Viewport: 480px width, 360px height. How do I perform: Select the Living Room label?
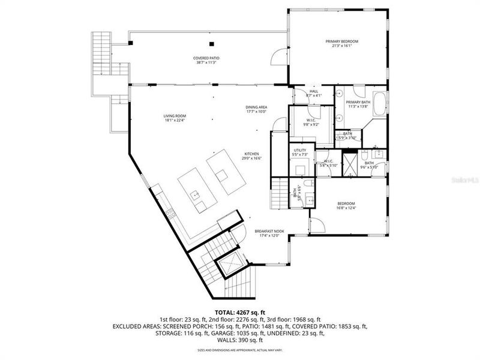(x=175, y=116)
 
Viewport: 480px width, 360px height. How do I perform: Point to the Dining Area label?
(x=256, y=107)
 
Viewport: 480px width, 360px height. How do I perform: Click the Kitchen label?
(x=251, y=154)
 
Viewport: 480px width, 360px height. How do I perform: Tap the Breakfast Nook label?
(x=269, y=231)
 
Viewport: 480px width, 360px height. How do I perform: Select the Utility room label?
(x=300, y=150)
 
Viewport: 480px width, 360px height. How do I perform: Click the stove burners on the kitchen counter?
(x=170, y=211)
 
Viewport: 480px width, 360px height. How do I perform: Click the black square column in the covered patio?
(x=211, y=43)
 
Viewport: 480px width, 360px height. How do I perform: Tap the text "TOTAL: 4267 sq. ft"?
(x=239, y=311)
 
